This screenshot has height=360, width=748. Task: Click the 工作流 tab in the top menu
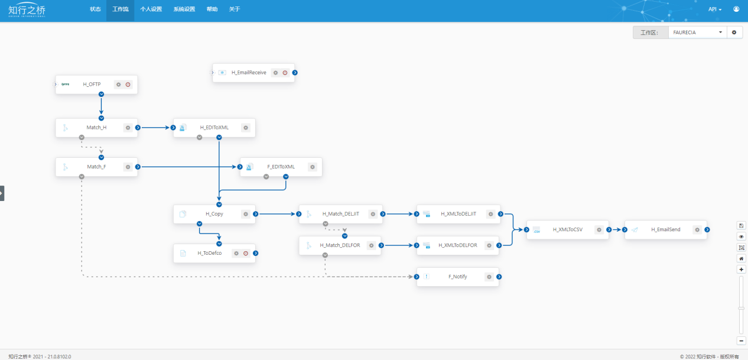(x=120, y=9)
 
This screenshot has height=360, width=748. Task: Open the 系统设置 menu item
(x=184, y=9)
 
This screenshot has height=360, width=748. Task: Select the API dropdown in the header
(x=714, y=9)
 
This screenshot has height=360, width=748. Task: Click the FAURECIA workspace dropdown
(x=697, y=33)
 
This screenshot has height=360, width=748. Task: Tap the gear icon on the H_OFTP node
(x=119, y=85)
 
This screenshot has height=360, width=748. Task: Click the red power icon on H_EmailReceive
(x=285, y=73)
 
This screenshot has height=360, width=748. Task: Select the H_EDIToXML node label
(x=214, y=128)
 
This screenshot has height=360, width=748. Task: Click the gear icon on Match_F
(x=128, y=167)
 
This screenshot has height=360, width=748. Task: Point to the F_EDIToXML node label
(x=281, y=167)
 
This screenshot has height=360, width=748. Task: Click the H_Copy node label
(x=214, y=214)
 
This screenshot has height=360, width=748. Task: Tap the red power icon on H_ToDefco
(x=246, y=254)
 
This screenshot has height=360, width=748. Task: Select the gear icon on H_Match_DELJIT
(x=373, y=214)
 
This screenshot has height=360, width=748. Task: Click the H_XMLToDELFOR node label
(x=458, y=245)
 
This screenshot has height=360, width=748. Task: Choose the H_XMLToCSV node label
(x=568, y=230)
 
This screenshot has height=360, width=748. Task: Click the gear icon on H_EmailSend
(x=697, y=230)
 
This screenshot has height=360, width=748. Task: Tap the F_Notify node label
(x=458, y=277)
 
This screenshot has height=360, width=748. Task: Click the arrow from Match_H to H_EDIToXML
(x=155, y=128)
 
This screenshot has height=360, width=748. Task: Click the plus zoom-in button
(x=742, y=270)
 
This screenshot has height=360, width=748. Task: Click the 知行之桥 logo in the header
(x=27, y=9)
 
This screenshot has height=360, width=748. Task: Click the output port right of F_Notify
(x=499, y=277)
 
